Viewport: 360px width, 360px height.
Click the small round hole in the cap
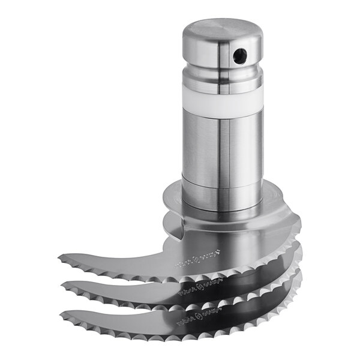pos(241,56)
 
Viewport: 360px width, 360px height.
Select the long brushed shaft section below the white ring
pos(222,150)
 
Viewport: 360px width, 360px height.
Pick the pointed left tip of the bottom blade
pos(62,311)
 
